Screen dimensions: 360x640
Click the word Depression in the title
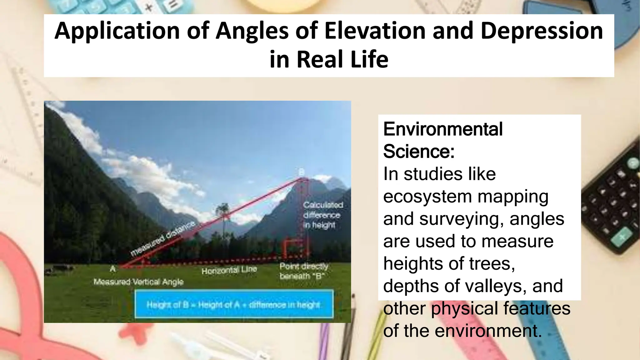coord(542,31)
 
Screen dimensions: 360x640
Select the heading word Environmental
coord(443,129)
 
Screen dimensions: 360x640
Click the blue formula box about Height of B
coord(234,304)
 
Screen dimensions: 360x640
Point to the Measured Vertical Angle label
coord(138,282)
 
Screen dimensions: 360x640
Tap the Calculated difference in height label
coord(323,215)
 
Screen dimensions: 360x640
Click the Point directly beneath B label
coord(303,271)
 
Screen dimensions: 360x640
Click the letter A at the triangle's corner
coord(112,268)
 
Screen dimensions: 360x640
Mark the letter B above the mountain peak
coord(301,172)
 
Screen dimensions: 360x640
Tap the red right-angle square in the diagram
coord(293,248)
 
